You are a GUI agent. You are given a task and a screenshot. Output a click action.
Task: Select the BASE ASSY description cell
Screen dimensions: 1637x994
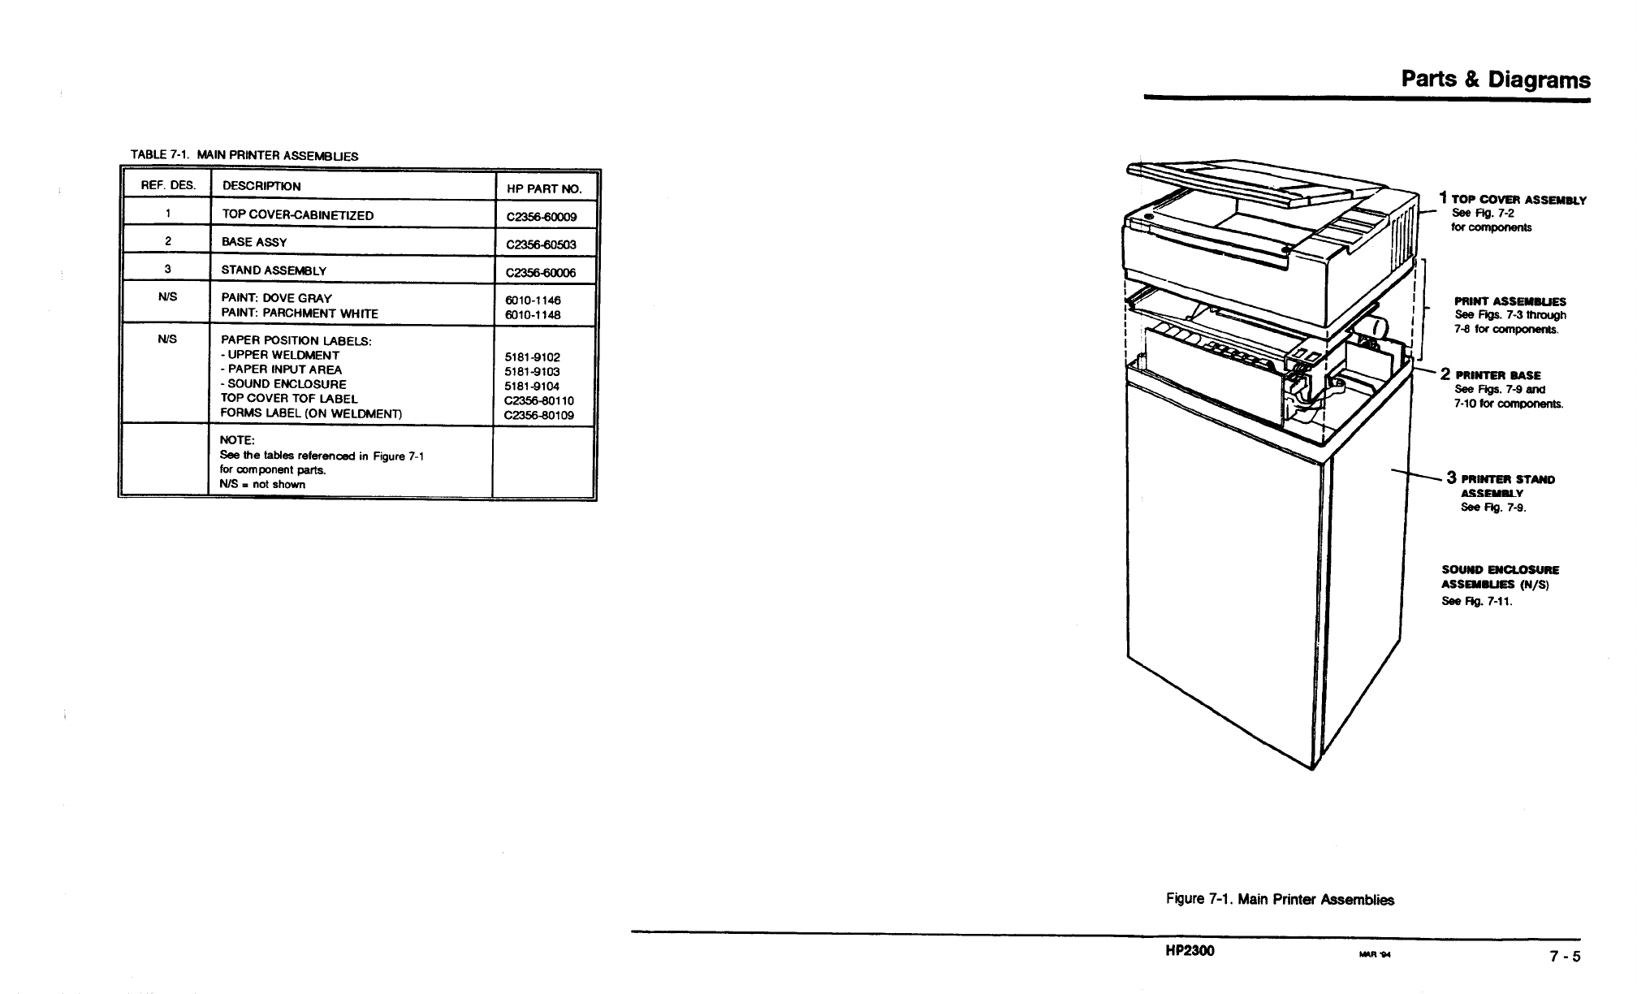[x=254, y=242]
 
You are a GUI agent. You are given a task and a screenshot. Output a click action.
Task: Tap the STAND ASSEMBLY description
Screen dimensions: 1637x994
[x=274, y=270]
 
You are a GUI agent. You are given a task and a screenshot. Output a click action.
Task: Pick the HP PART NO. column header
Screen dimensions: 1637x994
[x=544, y=188]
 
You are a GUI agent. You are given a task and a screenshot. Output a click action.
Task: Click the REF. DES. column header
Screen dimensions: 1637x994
[x=168, y=185]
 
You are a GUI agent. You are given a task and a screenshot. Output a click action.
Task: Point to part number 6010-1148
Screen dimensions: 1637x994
[x=533, y=314]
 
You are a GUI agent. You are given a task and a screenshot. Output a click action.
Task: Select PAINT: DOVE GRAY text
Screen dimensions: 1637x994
[x=276, y=298]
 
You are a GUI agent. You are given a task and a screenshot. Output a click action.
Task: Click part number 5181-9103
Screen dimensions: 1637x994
[x=533, y=371]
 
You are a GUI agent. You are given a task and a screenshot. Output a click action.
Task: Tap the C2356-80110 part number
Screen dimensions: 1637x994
[x=539, y=400]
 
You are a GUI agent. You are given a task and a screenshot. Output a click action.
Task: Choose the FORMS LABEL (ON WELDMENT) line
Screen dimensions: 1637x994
[x=311, y=413]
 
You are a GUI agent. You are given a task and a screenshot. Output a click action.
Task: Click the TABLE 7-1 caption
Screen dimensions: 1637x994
[x=244, y=155]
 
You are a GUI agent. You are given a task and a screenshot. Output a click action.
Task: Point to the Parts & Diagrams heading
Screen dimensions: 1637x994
[x=1496, y=80]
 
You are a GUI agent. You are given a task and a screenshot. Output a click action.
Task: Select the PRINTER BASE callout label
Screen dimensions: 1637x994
[x=1497, y=375]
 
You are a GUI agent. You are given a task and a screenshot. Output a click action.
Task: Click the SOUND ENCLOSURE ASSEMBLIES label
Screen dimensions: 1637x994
[x=1500, y=577]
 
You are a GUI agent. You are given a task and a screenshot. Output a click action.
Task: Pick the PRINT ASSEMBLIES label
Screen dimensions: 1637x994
[x=1510, y=301]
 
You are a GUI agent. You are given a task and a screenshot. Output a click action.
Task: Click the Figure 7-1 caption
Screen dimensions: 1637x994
[x=1280, y=899]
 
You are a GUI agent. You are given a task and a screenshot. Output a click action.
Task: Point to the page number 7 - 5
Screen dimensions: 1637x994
[x=1565, y=956]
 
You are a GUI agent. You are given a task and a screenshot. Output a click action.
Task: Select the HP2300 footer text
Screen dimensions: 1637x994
[x=1190, y=951]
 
